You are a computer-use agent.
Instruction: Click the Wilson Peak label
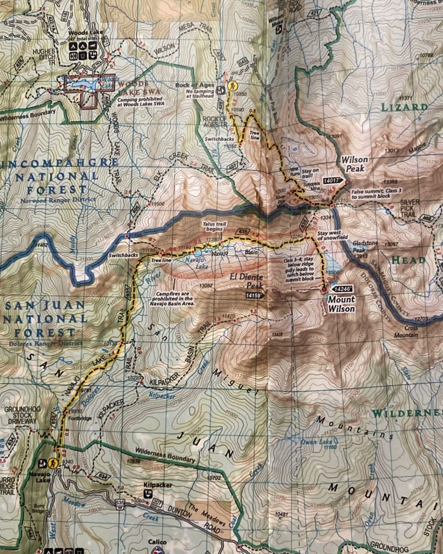[x=355, y=164]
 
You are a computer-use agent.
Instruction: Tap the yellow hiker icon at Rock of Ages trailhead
[x=233, y=87]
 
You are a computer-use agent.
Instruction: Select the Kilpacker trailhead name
[x=157, y=485]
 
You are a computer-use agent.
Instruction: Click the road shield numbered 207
[x=157, y=503]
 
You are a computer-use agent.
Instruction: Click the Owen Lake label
[x=315, y=442]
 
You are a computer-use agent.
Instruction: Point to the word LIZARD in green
[x=405, y=107]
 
